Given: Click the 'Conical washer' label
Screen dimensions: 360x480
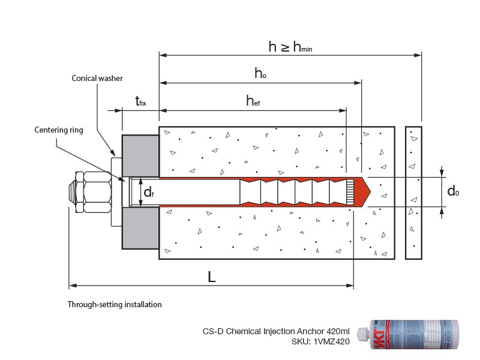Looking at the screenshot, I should coord(98,78).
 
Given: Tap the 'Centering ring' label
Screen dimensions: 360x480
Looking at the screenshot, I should coord(58,130).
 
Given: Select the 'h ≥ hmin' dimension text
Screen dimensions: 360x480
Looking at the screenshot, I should coord(290,47).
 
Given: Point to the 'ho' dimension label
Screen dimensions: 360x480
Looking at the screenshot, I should coord(260,73).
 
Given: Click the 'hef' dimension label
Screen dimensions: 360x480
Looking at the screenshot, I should coord(253,101).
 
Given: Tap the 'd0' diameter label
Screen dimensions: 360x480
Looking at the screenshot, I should coord(454,191).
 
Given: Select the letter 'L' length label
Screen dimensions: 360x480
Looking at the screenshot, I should coord(211,277).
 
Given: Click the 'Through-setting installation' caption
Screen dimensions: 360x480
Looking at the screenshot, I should coord(115,304).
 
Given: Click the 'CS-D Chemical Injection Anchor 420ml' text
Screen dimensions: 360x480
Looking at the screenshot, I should coord(276,331).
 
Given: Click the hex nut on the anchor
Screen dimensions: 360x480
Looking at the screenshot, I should coord(96,192).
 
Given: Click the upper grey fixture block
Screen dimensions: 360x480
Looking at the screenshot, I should coord(140,156).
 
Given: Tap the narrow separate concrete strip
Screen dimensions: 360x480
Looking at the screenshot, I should coord(413,193).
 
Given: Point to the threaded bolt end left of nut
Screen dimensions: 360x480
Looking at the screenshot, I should coord(76,192).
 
